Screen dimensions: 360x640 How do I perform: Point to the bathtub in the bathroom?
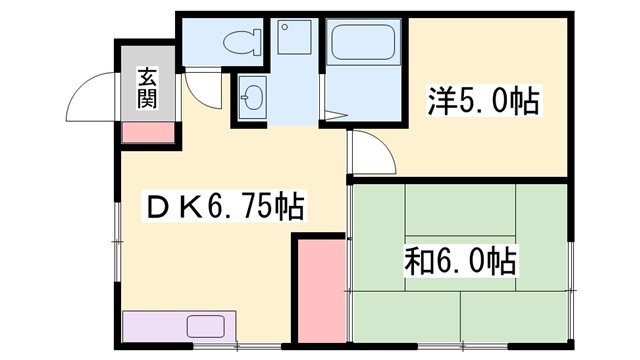point(365,43)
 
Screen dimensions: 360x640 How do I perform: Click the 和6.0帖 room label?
point(461,262)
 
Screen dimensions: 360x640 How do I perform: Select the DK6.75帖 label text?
point(225,208)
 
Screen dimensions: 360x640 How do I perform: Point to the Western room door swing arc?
point(368,154)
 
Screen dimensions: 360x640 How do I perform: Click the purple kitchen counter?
point(180,327)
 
